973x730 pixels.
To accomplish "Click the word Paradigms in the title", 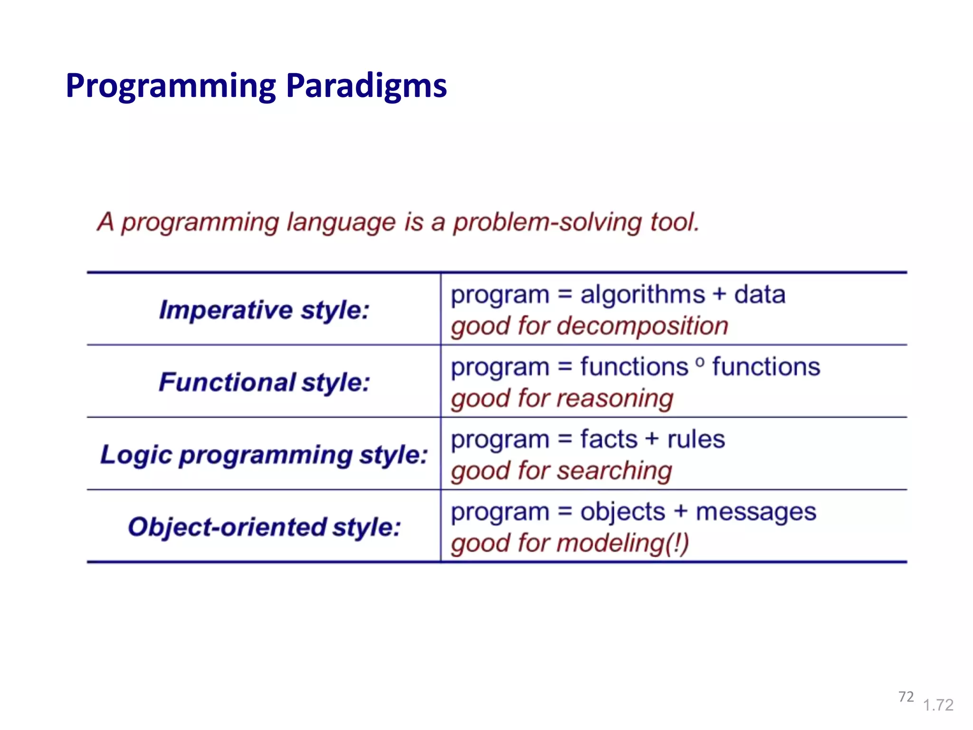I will tap(366, 86).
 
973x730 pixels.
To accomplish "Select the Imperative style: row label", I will tap(264, 310).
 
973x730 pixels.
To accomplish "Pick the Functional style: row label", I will tap(264, 383).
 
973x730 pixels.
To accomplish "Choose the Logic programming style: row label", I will tap(264, 455).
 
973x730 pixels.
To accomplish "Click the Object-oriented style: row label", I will tap(264, 527).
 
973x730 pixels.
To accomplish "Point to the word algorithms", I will tap(642, 295).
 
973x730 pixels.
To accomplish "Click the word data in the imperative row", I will tap(759, 295).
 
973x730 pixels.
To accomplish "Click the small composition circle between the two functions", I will tap(700, 363).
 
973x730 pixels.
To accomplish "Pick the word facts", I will tap(609, 439).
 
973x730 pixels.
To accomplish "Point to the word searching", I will tap(614, 471).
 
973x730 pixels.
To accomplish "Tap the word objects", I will tap(622, 512).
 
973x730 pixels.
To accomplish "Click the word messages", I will tap(755, 512).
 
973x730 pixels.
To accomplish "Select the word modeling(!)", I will tap(622, 543).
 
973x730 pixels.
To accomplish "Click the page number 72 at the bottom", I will tap(906, 697).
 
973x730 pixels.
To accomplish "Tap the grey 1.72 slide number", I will tap(938, 705).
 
